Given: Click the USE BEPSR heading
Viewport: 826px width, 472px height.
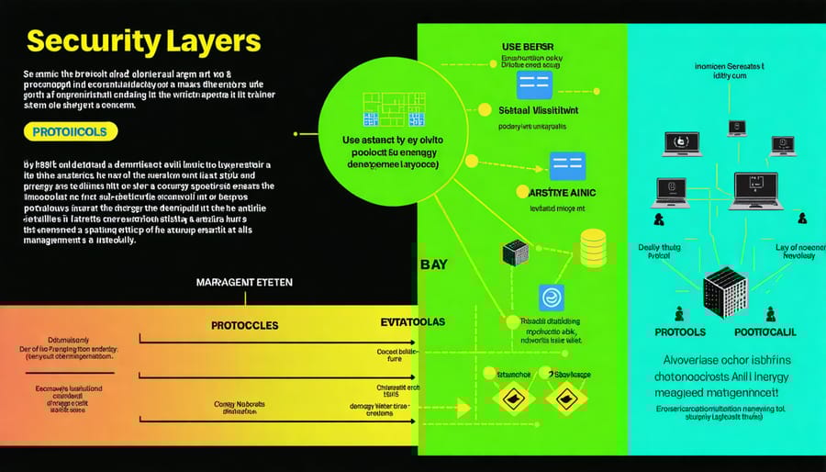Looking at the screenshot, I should point(529,46).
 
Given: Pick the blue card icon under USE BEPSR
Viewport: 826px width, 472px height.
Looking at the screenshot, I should point(534,85).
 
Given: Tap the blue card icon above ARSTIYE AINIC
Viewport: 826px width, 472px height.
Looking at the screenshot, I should point(566,165).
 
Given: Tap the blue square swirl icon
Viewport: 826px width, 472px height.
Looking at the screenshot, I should point(551,298).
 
